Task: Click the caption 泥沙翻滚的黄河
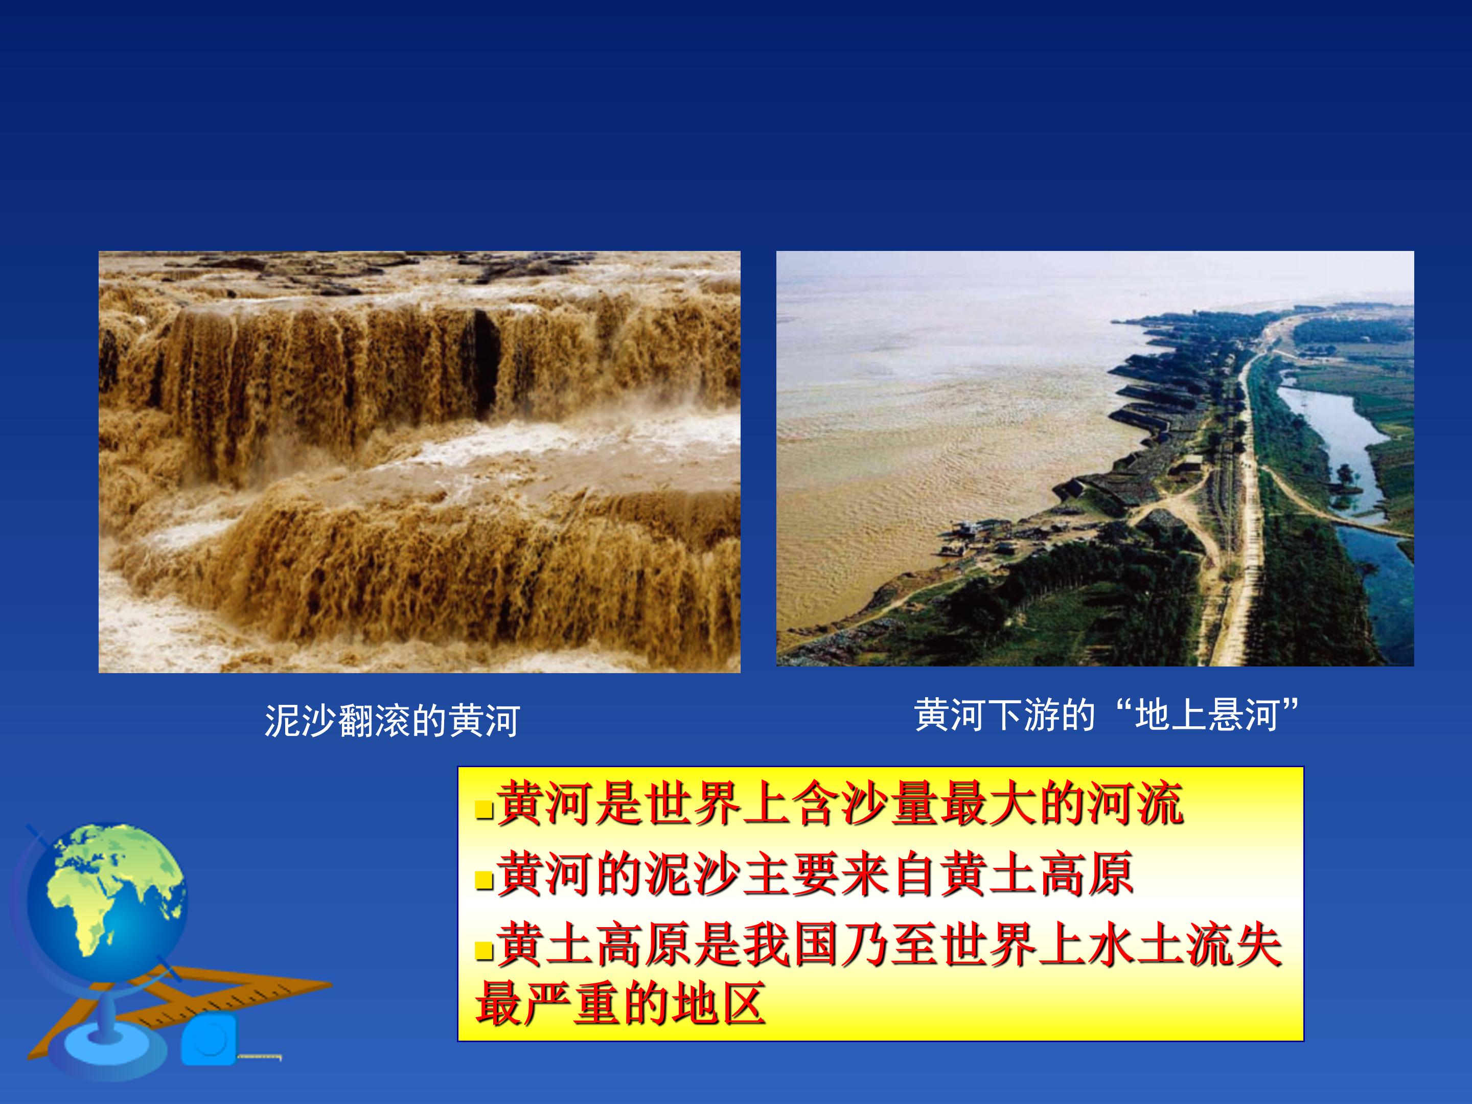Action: point(392,720)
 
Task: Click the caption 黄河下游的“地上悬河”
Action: point(1107,716)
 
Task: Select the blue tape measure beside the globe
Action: point(209,1040)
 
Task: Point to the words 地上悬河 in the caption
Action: point(1206,716)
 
